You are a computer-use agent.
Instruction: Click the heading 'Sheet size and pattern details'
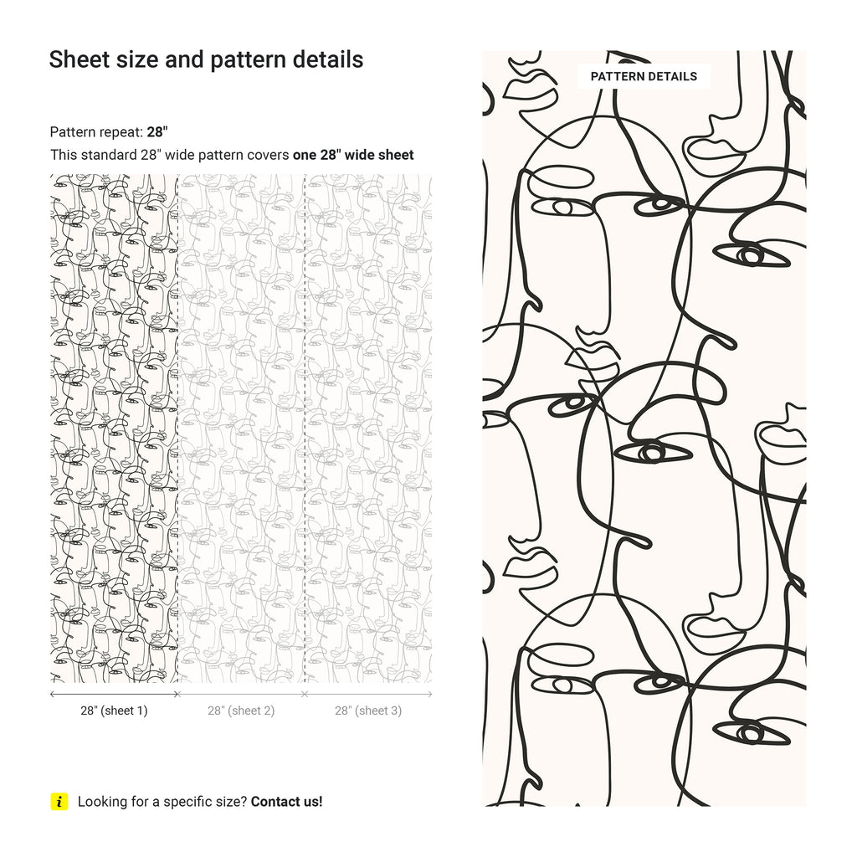pyautogui.click(x=206, y=59)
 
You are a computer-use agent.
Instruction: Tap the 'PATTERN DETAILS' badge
pyautogui.click(x=644, y=76)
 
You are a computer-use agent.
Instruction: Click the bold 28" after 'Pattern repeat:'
pyautogui.click(x=157, y=131)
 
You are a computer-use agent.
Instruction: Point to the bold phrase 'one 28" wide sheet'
pyautogui.click(x=352, y=155)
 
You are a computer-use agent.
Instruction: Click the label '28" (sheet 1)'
pyautogui.click(x=114, y=711)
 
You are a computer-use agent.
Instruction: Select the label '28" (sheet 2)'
pyautogui.click(x=241, y=711)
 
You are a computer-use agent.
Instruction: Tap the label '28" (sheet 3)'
pyautogui.click(x=368, y=711)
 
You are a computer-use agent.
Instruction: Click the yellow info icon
pyautogui.click(x=59, y=802)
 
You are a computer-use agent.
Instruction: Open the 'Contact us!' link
pyautogui.click(x=286, y=802)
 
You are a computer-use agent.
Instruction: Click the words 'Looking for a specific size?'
pyautogui.click(x=162, y=802)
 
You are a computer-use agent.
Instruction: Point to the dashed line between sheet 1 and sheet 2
pyautogui.click(x=177, y=427)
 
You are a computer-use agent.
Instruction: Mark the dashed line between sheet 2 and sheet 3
pyautogui.click(x=305, y=427)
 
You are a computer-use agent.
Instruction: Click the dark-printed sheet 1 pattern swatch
pyautogui.click(x=114, y=427)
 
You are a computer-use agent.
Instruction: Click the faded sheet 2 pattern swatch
pyautogui.click(x=241, y=427)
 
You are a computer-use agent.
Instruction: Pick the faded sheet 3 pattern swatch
pyautogui.click(x=368, y=427)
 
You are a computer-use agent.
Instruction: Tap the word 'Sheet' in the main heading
pyautogui.click(x=73, y=59)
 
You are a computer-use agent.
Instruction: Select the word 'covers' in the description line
pyautogui.click(x=269, y=155)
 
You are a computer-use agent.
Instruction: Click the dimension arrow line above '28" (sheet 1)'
pyautogui.click(x=114, y=694)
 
